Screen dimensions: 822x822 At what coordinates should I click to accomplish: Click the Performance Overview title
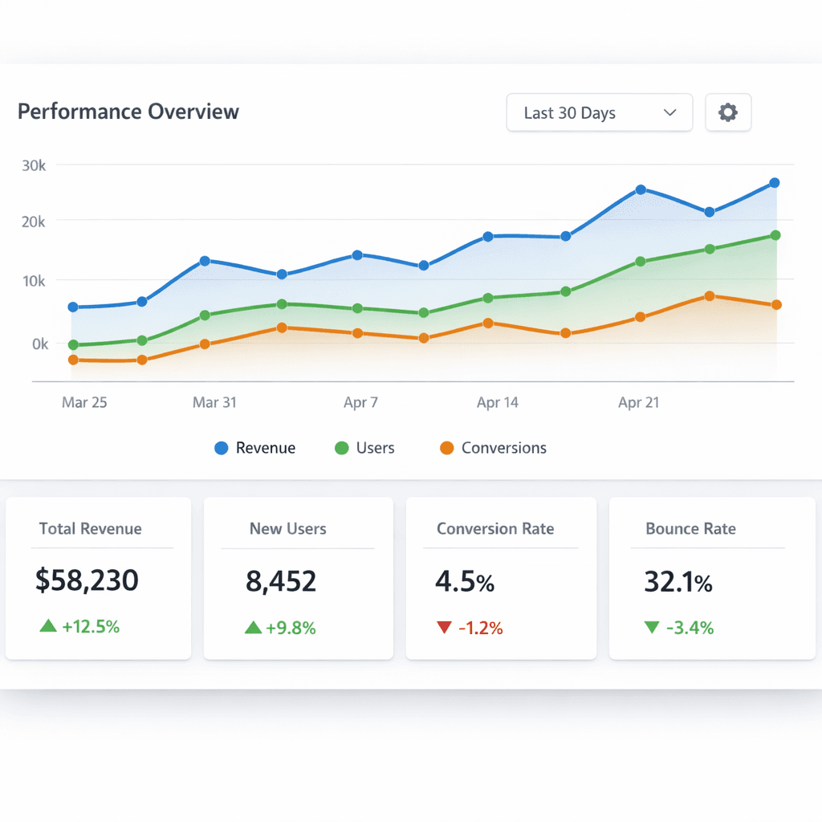(x=128, y=112)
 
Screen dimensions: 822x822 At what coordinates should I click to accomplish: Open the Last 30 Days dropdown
(x=599, y=112)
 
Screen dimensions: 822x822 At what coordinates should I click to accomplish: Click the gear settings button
(x=727, y=112)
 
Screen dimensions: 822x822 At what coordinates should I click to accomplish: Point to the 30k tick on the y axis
(x=34, y=165)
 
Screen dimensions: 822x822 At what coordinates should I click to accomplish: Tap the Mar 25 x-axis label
(x=84, y=402)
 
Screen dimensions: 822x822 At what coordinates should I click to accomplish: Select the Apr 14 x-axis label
(x=498, y=402)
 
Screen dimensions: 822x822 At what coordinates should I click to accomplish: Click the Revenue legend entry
(x=255, y=448)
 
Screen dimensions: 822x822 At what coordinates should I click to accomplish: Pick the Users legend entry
(x=365, y=448)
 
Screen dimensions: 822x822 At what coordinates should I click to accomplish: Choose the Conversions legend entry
(x=494, y=448)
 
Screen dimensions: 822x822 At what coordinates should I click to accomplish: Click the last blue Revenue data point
(x=775, y=183)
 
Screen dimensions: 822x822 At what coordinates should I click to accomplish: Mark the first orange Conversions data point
(x=73, y=360)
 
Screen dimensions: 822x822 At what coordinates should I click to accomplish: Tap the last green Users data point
(x=775, y=235)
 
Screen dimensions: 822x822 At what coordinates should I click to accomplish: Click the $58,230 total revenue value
(x=87, y=580)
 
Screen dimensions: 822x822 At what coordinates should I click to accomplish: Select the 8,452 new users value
(x=281, y=580)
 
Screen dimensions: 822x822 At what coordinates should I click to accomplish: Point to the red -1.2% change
(x=480, y=628)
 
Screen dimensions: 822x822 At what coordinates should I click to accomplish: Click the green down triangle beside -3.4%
(x=651, y=627)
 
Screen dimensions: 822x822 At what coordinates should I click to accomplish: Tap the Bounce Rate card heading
(x=690, y=528)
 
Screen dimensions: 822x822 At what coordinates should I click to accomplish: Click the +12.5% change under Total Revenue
(x=90, y=627)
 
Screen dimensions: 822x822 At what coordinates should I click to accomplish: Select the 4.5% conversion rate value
(x=464, y=581)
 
